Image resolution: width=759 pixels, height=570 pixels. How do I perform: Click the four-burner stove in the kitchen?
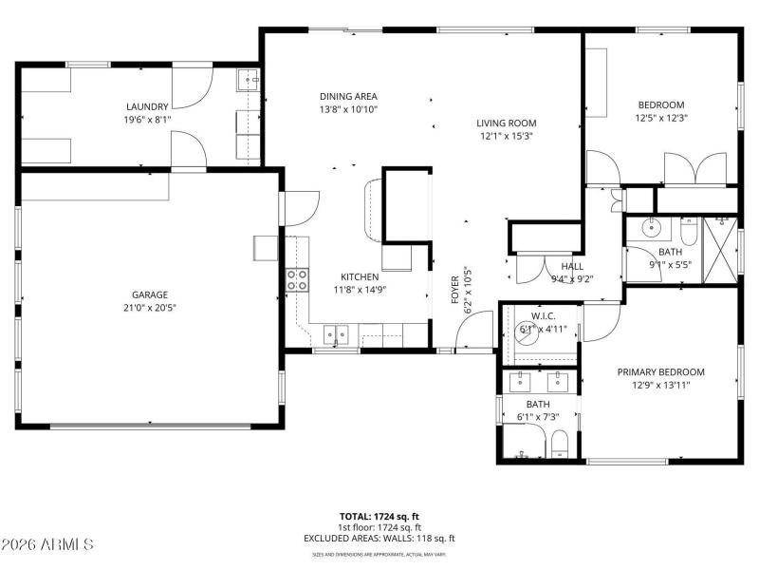point(297,279)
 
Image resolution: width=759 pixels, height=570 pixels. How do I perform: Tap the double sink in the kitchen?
point(335,333)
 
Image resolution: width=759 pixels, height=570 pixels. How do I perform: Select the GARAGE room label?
point(149,294)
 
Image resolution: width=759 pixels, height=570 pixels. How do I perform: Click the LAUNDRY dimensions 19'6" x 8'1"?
point(147,121)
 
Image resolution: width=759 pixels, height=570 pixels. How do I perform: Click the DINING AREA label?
point(348,96)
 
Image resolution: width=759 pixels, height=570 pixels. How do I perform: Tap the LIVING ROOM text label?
point(506,123)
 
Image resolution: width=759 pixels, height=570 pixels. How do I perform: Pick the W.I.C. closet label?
point(543,316)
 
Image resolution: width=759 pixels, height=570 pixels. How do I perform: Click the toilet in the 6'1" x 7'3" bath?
point(559,443)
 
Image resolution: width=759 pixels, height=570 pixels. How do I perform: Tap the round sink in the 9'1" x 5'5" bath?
point(652,229)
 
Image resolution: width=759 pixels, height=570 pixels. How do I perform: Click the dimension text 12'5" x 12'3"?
point(660,119)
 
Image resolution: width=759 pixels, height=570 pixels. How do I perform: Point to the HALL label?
point(572,267)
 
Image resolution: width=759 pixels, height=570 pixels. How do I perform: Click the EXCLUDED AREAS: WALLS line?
point(379,539)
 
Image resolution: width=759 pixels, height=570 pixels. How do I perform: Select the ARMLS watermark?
point(47,544)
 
